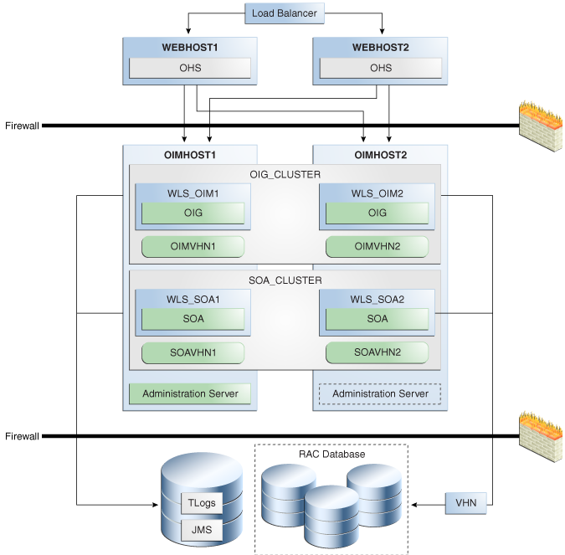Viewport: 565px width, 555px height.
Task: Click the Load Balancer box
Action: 285,13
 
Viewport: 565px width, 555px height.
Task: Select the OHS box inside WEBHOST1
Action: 190,68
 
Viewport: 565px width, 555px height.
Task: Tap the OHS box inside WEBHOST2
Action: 381,68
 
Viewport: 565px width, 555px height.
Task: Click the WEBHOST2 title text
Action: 381,48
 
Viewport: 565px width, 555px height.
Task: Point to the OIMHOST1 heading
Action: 190,155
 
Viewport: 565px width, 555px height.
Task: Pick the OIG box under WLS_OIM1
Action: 193,213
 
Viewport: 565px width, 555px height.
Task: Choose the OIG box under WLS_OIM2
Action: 377,213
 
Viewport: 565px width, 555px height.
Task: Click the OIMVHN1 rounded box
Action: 193,246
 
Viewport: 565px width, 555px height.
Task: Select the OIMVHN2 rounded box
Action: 377,246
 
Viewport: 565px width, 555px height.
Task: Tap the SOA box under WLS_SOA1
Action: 193,319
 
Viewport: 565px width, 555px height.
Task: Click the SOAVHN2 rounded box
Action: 377,352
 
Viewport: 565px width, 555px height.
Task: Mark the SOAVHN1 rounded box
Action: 193,352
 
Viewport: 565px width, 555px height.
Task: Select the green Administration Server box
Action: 190,393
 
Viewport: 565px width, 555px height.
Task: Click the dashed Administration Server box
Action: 380,393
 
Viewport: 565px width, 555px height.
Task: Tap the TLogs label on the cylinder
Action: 202,503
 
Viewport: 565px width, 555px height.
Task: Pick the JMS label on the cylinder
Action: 202,530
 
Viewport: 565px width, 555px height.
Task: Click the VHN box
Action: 466,503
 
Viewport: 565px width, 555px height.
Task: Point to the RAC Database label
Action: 331,454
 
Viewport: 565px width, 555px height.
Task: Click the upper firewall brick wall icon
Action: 541,127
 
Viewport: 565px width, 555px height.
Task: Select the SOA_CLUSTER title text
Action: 285,280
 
